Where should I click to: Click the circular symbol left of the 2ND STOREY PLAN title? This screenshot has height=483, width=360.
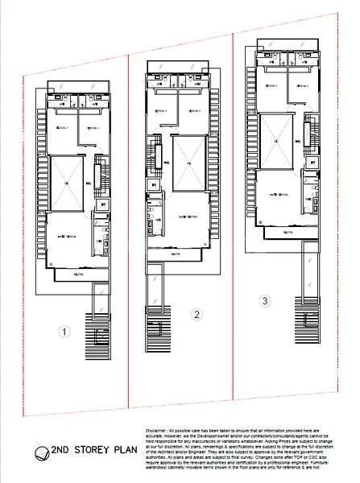(38, 452)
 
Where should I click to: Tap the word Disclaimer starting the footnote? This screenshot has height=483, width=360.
(157, 431)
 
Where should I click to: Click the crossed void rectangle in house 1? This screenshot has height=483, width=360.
(67, 182)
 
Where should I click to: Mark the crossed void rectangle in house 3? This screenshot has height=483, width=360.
(276, 140)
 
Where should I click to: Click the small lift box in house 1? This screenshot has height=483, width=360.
(103, 205)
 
